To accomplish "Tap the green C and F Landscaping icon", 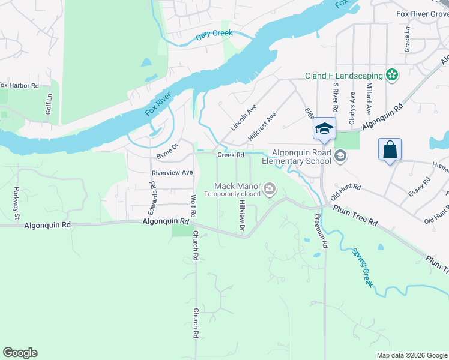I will click(392, 75).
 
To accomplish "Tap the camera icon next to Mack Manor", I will click(270, 190).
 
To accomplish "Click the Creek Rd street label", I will click(231, 155).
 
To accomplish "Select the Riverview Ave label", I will click(172, 172).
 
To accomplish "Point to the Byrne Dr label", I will click(167, 151).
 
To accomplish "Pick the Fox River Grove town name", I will click(422, 14).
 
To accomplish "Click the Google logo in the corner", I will click(20, 353).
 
